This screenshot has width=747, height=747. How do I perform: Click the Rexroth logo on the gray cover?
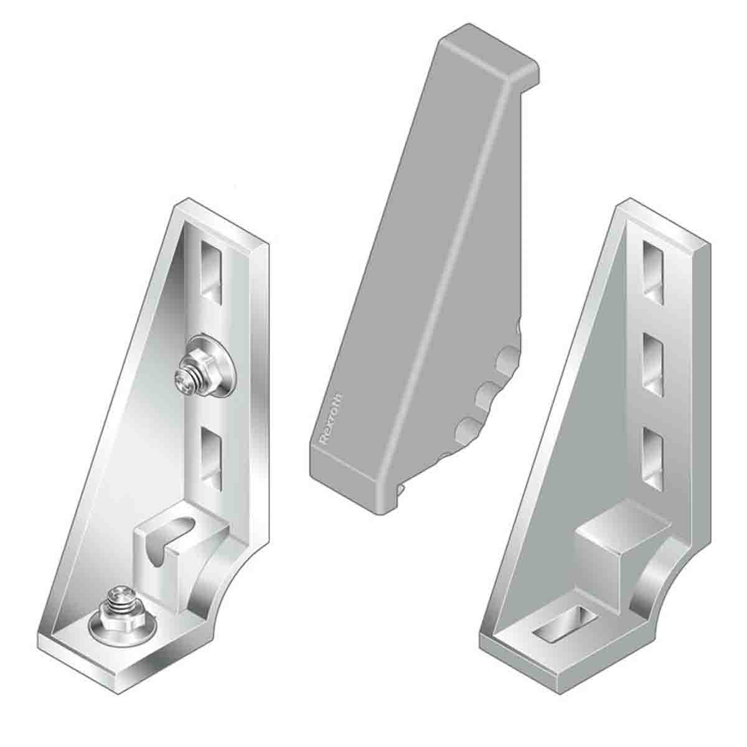click(x=330, y=421)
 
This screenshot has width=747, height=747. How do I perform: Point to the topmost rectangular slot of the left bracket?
click(x=210, y=268)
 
